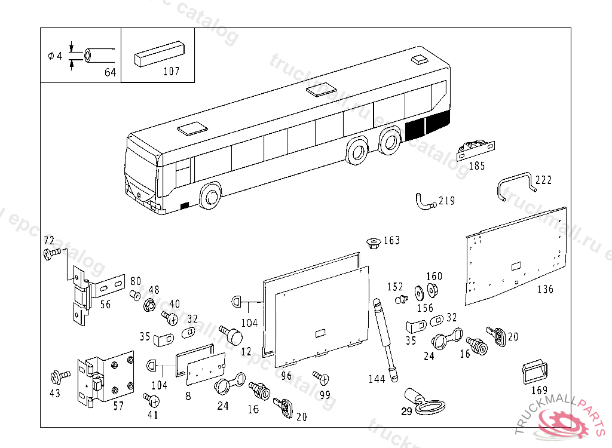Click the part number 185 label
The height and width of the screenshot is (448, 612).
(x=476, y=166)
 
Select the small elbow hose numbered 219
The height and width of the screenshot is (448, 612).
(x=423, y=202)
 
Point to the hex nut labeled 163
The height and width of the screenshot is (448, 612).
(x=373, y=243)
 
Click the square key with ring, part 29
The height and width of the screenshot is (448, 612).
(x=421, y=402)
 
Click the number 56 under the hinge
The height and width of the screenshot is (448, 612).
(x=105, y=305)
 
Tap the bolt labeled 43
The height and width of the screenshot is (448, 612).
(x=60, y=376)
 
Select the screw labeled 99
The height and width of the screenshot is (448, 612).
(x=320, y=378)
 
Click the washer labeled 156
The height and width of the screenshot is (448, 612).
(x=418, y=294)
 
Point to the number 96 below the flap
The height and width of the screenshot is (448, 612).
(x=286, y=376)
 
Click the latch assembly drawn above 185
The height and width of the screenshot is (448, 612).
(x=475, y=149)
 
